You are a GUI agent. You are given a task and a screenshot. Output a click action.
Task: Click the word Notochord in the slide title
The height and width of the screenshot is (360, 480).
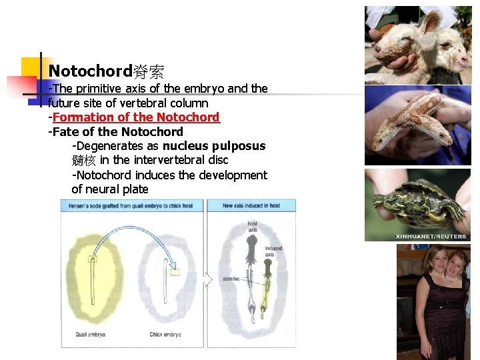click(x=90, y=71)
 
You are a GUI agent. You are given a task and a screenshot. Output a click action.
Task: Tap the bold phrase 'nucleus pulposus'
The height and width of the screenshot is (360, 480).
click(x=214, y=146)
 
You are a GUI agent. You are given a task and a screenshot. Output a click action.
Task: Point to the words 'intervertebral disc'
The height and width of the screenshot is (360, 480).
click(x=181, y=160)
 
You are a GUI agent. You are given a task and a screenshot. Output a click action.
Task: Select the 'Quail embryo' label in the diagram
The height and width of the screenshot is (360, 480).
click(x=90, y=335)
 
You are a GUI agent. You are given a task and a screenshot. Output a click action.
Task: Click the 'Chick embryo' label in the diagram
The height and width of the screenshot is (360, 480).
click(x=165, y=335)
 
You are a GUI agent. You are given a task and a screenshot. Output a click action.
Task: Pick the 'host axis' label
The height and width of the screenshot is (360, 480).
click(x=253, y=227)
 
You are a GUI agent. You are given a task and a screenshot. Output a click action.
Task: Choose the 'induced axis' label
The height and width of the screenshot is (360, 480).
click(x=273, y=251)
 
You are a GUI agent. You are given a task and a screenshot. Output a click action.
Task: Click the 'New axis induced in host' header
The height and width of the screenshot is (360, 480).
click(x=251, y=206)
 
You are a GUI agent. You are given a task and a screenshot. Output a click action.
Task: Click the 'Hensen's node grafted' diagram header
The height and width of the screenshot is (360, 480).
click(x=131, y=206)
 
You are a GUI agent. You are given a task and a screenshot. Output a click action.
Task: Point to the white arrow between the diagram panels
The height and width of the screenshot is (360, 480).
click(x=207, y=278)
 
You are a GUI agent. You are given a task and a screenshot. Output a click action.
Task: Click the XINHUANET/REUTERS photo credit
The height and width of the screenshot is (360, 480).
click(x=431, y=236)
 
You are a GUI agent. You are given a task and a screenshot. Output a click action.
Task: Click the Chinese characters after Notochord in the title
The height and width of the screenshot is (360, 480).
click(x=148, y=71)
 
